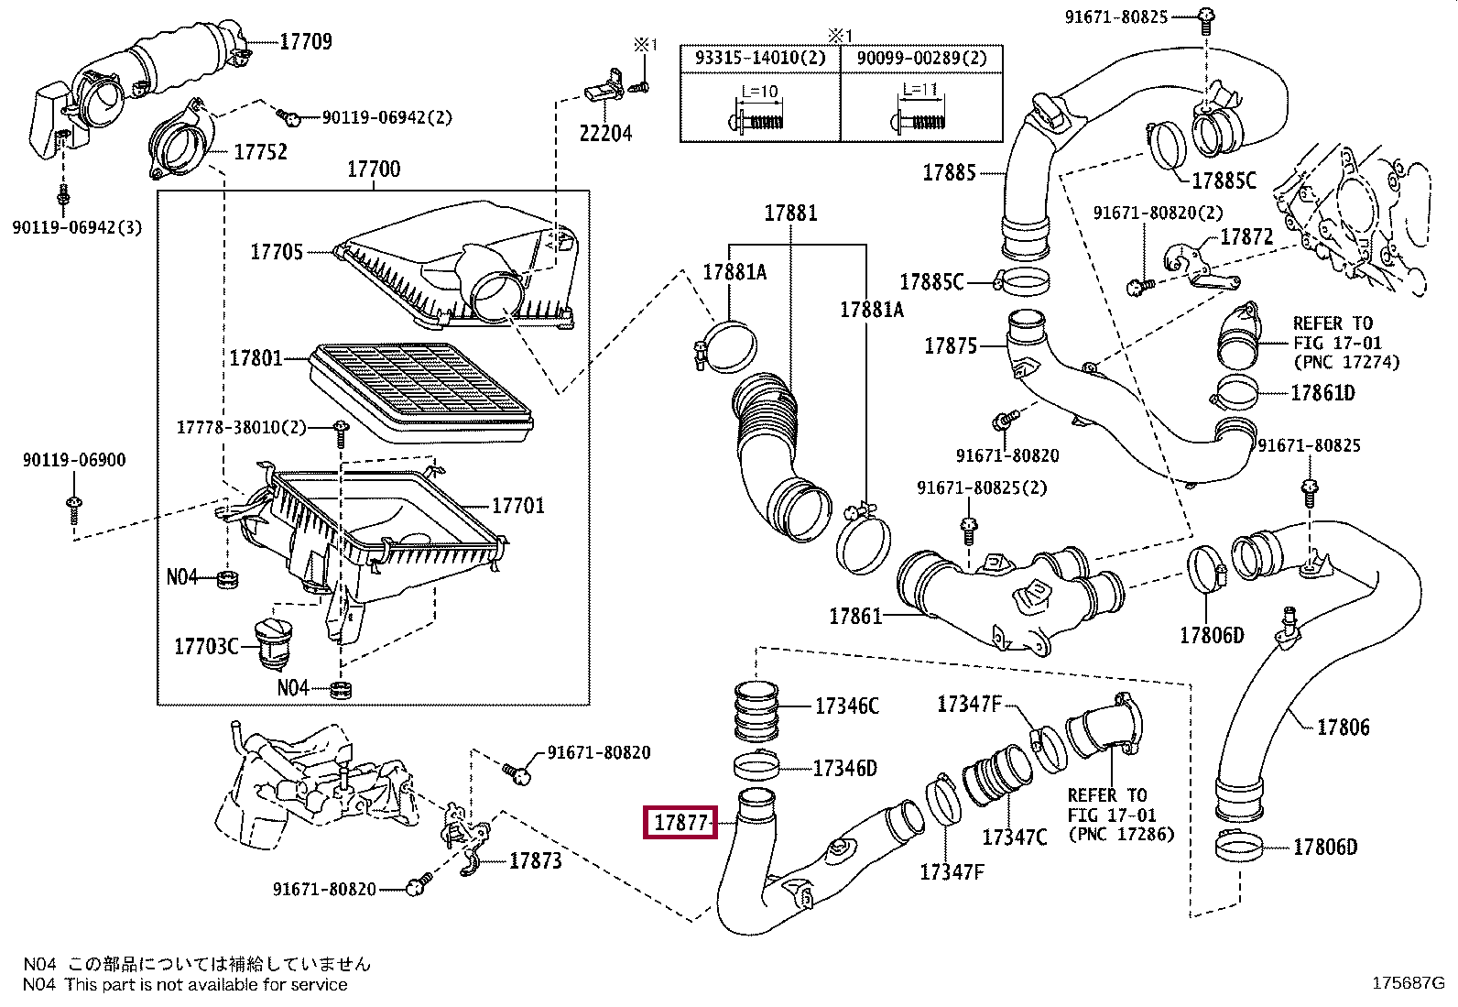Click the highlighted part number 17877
click(681, 823)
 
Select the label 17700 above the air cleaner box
click(373, 170)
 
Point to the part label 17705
click(277, 251)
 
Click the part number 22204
click(605, 133)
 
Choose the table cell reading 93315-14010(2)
click(760, 59)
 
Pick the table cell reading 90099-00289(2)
click(921, 59)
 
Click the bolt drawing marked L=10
click(759, 110)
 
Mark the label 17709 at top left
click(305, 41)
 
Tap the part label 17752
click(260, 152)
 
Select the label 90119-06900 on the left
click(74, 461)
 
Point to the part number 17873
click(535, 860)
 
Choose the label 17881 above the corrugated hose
click(790, 213)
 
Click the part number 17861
click(855, 616)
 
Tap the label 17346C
click(846, 706)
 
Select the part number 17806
click(1343, 728)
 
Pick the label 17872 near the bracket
click(1246, 237)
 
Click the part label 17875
click(951, 345)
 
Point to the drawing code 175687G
click(1407, 983)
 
